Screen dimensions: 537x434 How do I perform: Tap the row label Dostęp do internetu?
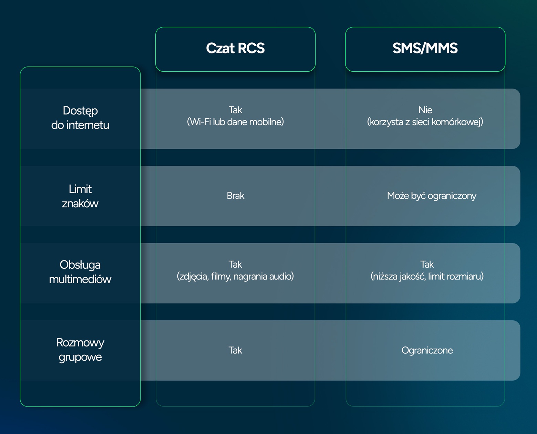click(x=80, y=118)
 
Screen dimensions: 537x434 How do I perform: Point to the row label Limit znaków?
click(x=80, y=196)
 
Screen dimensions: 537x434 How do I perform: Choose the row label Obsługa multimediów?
click(x=80, y=272)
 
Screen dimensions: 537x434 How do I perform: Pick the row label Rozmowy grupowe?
click(x=80, y=350)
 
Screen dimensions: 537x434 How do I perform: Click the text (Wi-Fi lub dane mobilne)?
click(x=235, y=122)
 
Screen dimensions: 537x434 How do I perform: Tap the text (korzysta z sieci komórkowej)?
click(x=425, y=122)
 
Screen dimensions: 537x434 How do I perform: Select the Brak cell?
click(x=235, y=196)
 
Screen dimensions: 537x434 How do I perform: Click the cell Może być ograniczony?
click(x=432, y=196)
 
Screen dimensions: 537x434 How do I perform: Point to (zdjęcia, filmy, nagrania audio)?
click(x=235, y=277)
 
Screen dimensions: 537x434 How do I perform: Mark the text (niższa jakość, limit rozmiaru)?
click(x=427, y=277)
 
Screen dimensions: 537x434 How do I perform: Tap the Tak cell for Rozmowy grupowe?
click(x=235, y=350)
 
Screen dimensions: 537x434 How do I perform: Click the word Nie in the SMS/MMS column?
click(x=425, y=110)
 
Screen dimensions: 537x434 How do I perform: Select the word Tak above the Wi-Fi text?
click(x=235, y=110)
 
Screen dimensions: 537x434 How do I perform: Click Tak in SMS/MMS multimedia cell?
click(x=427, y=265)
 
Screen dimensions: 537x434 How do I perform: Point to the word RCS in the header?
click(x=251, y=48)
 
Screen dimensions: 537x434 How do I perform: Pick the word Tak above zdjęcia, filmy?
click(x=235, y=265)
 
